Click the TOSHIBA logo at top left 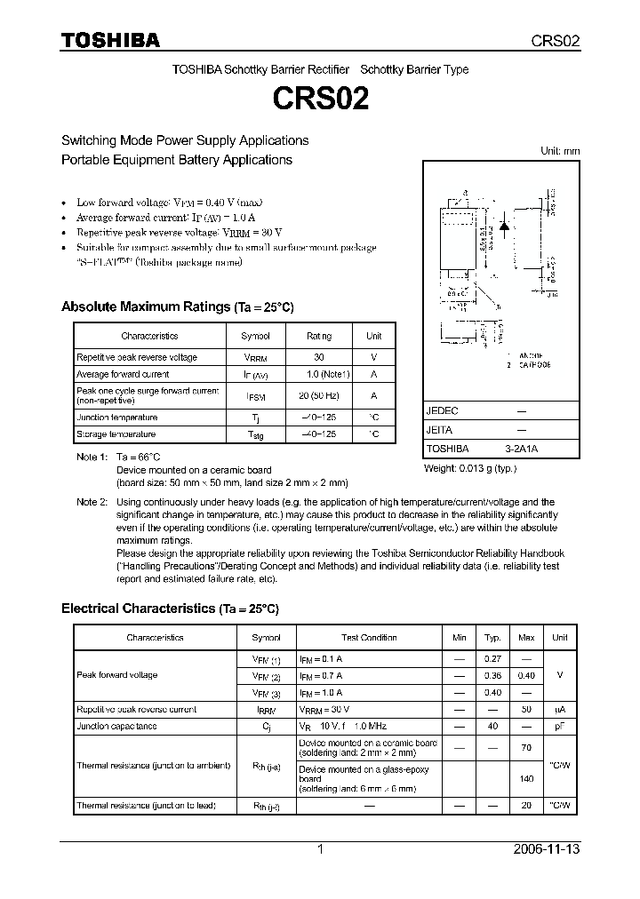110,40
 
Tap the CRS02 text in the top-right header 556,41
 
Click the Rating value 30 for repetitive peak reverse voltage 318,357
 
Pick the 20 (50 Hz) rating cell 318,395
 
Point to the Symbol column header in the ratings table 255,336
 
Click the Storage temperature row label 116,434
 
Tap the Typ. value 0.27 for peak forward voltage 492,658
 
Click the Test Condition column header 369,638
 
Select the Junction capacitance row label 116,726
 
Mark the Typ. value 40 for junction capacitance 492,726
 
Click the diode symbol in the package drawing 504,226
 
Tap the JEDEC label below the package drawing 442,411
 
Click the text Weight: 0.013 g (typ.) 470,468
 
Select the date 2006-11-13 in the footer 546,849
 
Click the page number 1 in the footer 320,849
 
